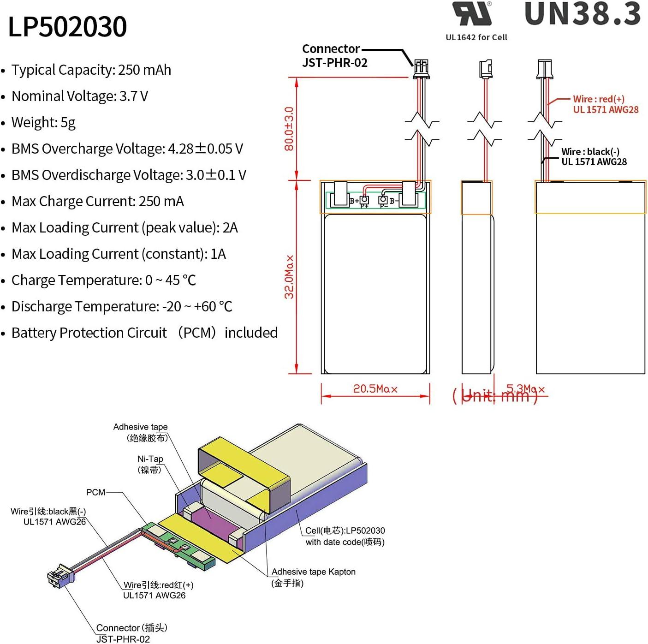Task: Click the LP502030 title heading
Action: tap(67, 27)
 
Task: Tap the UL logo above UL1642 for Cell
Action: tap(472, 14)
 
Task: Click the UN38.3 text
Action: tap(583, 14)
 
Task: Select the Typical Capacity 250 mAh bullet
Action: tap(91, 70)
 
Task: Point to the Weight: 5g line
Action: tap(43, 123)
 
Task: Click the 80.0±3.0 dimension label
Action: tap(289, 129)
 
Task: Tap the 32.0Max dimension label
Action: tap(289, 277)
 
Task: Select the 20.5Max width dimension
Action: tap(375, 389)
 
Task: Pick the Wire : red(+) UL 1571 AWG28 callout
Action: tap(605, 104)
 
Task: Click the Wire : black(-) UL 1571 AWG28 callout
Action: tap(594, 156)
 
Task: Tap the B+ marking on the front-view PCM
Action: tap(354, 201)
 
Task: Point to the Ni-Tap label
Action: tap(150, 464)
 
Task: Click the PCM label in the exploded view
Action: tap(95, 492)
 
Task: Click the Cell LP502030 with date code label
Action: tap(345, 536)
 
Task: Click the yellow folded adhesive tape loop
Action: tap(244, 471)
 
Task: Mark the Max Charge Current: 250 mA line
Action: tap(97, 202)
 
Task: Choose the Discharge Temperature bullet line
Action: tap(121, 307)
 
